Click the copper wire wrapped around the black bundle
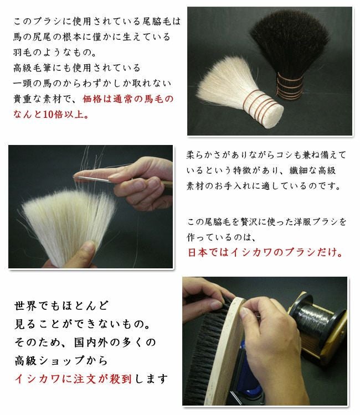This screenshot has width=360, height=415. pos(290,86)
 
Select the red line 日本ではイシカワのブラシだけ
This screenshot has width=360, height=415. pos(265,252)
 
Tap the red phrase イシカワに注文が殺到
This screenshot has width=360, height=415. pos(73,378)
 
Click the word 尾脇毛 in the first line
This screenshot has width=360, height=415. pos(157,21)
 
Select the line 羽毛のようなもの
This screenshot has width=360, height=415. pos(55,52)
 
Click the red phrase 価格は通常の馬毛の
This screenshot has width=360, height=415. pos(128,99)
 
